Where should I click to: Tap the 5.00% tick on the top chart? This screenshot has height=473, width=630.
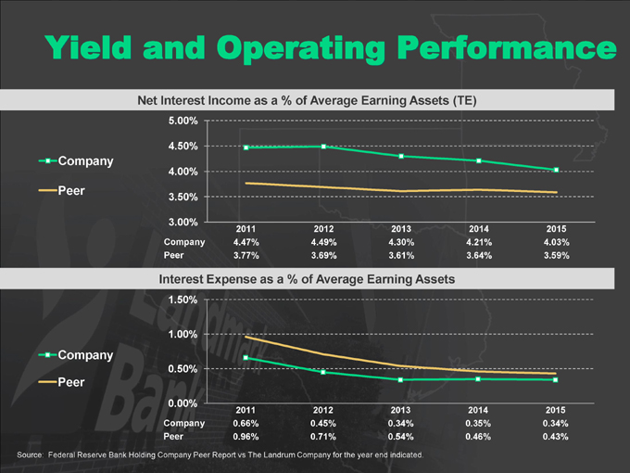(x=182, y=121)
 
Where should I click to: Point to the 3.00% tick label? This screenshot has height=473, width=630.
(x=182, y=222)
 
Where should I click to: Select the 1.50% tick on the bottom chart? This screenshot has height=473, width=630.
(x=182, y=300)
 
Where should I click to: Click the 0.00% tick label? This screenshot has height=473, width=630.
(x=182, y=403)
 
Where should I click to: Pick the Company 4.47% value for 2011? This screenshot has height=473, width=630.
(x=246, y=242)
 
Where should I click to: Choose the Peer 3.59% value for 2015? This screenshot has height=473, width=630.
(x=556, y=255)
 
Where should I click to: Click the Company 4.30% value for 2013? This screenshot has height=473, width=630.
(x=401, y=242)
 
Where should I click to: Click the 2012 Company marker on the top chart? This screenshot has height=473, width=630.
(x=323, y=147)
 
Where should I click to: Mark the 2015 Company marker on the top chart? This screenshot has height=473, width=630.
(x=556, y=170)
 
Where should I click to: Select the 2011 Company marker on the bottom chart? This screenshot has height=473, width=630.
(x=246, y=357)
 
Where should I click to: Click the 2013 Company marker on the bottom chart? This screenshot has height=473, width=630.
(x=401, y=379)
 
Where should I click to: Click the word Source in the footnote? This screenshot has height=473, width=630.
(x=30, y=456)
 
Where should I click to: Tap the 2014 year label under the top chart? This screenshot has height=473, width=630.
(x=478, y=228)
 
